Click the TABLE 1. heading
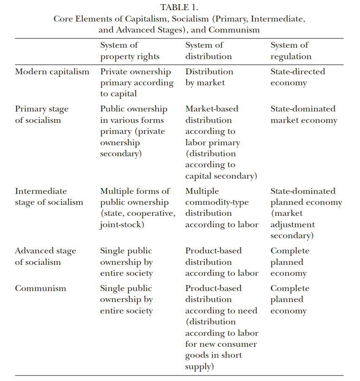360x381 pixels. click(180, 7)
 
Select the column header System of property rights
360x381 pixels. click(130, 51)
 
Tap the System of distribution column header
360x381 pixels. click(208, 51)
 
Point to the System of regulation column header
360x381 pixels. click(291, 51)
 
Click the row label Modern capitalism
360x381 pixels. click(52, 71)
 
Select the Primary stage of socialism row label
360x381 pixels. click(41, 114)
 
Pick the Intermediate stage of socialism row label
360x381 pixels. click(49, 197)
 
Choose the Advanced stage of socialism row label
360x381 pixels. click(46, 256)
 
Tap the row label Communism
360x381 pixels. click(41, 288)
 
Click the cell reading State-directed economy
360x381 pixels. click(298, 77)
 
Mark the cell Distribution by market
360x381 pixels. click(209, 77)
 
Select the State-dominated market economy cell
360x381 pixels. click(304, 114)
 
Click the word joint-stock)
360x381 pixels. click(122, 225)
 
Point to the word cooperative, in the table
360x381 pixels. click(153, 214)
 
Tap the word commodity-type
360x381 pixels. click(217, 202)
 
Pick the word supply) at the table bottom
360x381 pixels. click(199, 367)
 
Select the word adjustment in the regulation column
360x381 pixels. click(292, 225)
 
